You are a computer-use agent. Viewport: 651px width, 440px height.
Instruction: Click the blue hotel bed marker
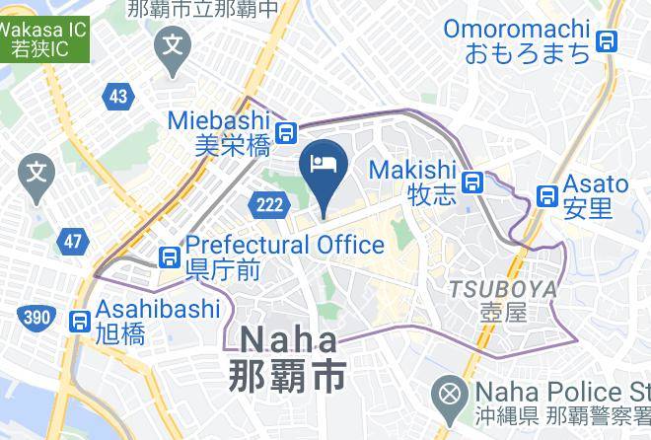[324, 164]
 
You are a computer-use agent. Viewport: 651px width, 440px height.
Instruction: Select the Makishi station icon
[475, 183]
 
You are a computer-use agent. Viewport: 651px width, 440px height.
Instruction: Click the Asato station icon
[546, 196]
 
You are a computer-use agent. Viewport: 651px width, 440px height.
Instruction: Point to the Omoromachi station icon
[607, 40]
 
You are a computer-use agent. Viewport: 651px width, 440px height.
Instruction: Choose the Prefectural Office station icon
[170, 257]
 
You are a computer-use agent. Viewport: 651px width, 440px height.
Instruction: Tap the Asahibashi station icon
[80, 321]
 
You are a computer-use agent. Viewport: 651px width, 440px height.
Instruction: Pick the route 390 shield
[34, 316]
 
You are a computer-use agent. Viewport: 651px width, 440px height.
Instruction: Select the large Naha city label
[288, 357]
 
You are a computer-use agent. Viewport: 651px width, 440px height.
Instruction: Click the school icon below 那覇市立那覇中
[175, 45]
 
